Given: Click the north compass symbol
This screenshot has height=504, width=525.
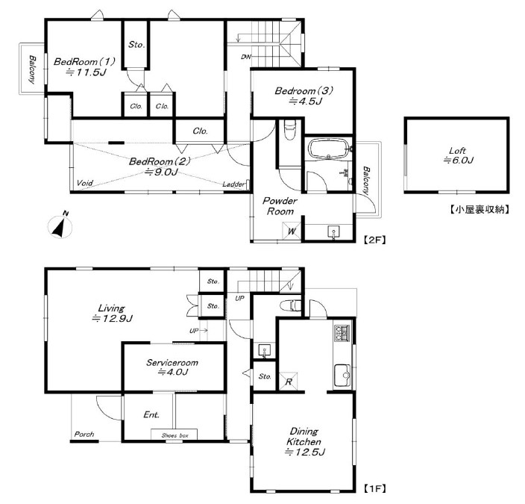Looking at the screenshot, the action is [x=60, y=225].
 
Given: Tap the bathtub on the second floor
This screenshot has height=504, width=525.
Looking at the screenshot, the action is [x=328, y=149].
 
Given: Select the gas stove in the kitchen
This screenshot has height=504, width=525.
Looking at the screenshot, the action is [x=342, y=333].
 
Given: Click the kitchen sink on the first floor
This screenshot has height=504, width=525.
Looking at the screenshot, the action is [x=342, y=376].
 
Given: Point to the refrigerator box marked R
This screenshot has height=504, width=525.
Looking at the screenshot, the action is [x=289, y=382].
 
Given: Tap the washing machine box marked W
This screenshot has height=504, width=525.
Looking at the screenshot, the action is [x=292, y=231].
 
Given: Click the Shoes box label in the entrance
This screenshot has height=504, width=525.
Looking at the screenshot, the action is [x=175, y=435].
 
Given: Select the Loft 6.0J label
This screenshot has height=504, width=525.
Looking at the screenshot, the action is [x=458, y=155].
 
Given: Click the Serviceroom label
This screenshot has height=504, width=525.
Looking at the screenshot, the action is [x=172, y=362].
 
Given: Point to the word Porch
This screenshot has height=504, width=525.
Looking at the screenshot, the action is [x=84, y=434].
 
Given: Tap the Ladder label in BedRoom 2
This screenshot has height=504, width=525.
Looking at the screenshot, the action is [x=233, y=184].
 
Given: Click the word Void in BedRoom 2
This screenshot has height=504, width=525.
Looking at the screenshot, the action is [x=85, y=183].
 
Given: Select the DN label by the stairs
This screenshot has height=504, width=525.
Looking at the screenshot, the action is [x=246, y=57].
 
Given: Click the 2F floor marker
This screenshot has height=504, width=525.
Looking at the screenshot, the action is [x=374, y=240].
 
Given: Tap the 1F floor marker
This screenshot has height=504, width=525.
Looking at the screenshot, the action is [x=374, y=488].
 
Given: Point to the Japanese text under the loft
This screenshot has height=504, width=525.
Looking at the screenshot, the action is [x=479, y=210].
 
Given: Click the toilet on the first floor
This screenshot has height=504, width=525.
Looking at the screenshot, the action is [x=291, y=305].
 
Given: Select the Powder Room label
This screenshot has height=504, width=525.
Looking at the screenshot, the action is [x=280, y=206].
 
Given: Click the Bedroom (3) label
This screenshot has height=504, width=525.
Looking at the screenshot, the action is [x=304, y=90].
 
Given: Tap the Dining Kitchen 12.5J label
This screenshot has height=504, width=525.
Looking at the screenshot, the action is [x=304, y=441].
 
